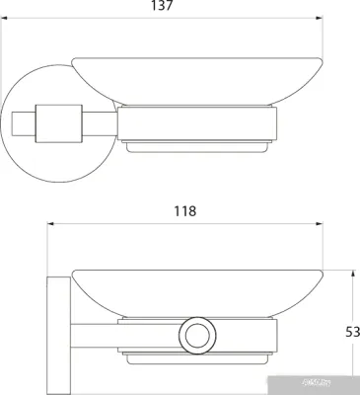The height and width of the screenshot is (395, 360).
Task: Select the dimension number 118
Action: [184, 210]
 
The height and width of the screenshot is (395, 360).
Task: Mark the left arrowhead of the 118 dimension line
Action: [50, 223]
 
